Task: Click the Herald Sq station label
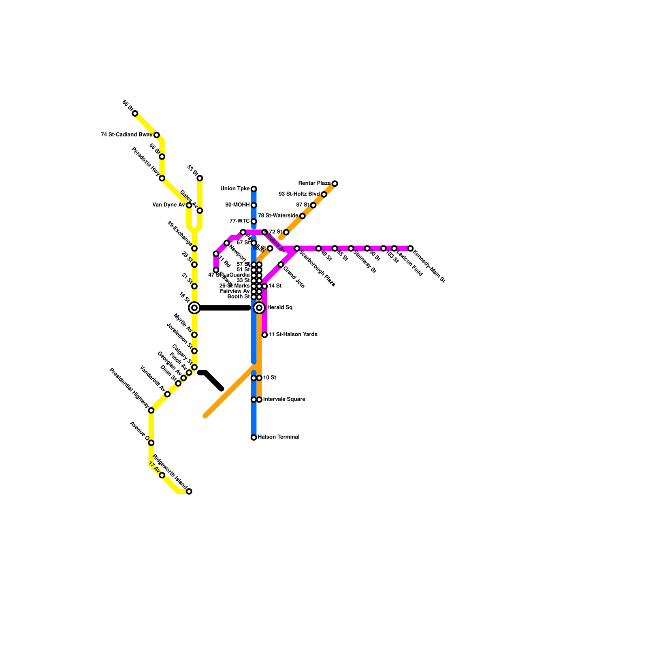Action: coord(279,308)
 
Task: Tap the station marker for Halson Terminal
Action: coord(254,437)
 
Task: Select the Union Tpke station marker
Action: coord(254,189)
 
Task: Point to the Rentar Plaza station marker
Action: coord(335,184)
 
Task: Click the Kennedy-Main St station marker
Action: coord(410,248)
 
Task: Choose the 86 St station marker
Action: coord(135,113)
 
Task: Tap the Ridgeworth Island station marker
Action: coord(189,491)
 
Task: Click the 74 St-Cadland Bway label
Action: coord(126,135)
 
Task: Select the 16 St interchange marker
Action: coord(194,308)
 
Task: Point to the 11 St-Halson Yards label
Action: coord(293,335)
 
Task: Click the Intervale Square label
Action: coord(284,399)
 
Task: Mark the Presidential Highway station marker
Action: coord(151,411)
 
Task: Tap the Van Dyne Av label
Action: coord(168,205)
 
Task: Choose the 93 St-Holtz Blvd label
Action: coord(299,194)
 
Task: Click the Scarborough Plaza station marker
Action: coord(297,248)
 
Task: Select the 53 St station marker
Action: coord(200,178)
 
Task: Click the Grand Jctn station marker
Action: coord(281,265)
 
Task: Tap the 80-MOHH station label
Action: coord(238,205)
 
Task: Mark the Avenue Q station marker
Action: coord(151,443)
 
